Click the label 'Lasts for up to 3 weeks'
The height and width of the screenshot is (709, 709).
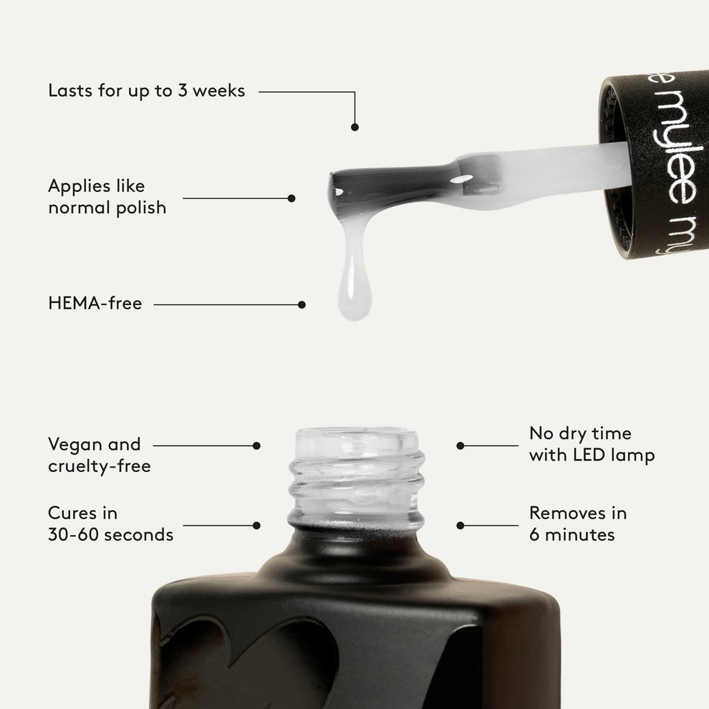click(146, 91)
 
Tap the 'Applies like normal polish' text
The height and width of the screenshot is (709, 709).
click(107, 197)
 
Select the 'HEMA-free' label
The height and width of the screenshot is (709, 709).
click(95, 304)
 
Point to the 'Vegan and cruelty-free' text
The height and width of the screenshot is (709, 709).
click(99, 455)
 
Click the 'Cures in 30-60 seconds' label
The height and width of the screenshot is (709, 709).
click(110, 524)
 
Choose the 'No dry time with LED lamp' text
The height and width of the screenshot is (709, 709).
click(592, 444)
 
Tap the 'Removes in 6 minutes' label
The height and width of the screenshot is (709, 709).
click(577, 524)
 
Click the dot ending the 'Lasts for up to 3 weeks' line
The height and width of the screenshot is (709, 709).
click(354, 127)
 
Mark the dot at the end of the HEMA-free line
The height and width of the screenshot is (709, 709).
click(302, 304)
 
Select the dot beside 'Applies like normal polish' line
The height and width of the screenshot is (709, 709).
click(291, 198)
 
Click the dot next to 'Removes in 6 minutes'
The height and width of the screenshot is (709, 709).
click(460, 525)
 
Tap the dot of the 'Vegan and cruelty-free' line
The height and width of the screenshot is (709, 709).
click(256, 445)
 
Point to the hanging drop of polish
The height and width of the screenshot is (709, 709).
click(354, 286)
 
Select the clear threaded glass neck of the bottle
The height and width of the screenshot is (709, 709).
click(356, 476)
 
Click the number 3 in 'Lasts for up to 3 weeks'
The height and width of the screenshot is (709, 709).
click(183, 91)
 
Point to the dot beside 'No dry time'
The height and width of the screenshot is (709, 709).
click(460, 445)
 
